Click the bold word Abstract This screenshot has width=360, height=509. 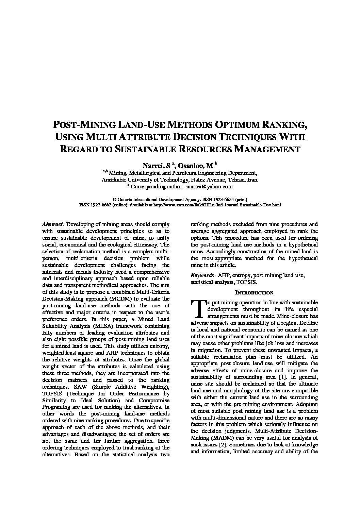53,224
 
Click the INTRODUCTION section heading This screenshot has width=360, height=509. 254,293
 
